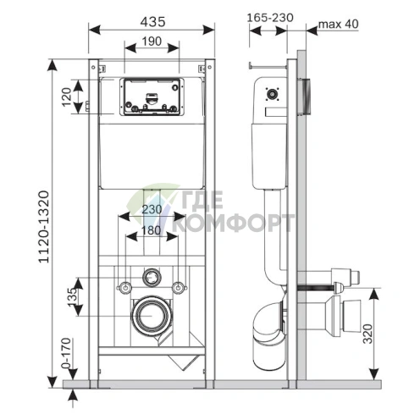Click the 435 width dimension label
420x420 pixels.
click(x=152, y=22)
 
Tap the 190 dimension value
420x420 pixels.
click(x=152, y=41)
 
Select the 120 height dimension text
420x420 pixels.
click(x=67, y=97)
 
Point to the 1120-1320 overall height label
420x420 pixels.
click(x=44, y=227)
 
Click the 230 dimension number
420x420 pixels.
click(x=152, y=209)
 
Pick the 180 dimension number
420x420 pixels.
click(x=152, y=230)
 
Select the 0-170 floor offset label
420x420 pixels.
click(x=66, y=353)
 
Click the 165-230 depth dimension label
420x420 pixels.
click(x=270, y=18)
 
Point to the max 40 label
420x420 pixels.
click(x=339, y=24)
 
